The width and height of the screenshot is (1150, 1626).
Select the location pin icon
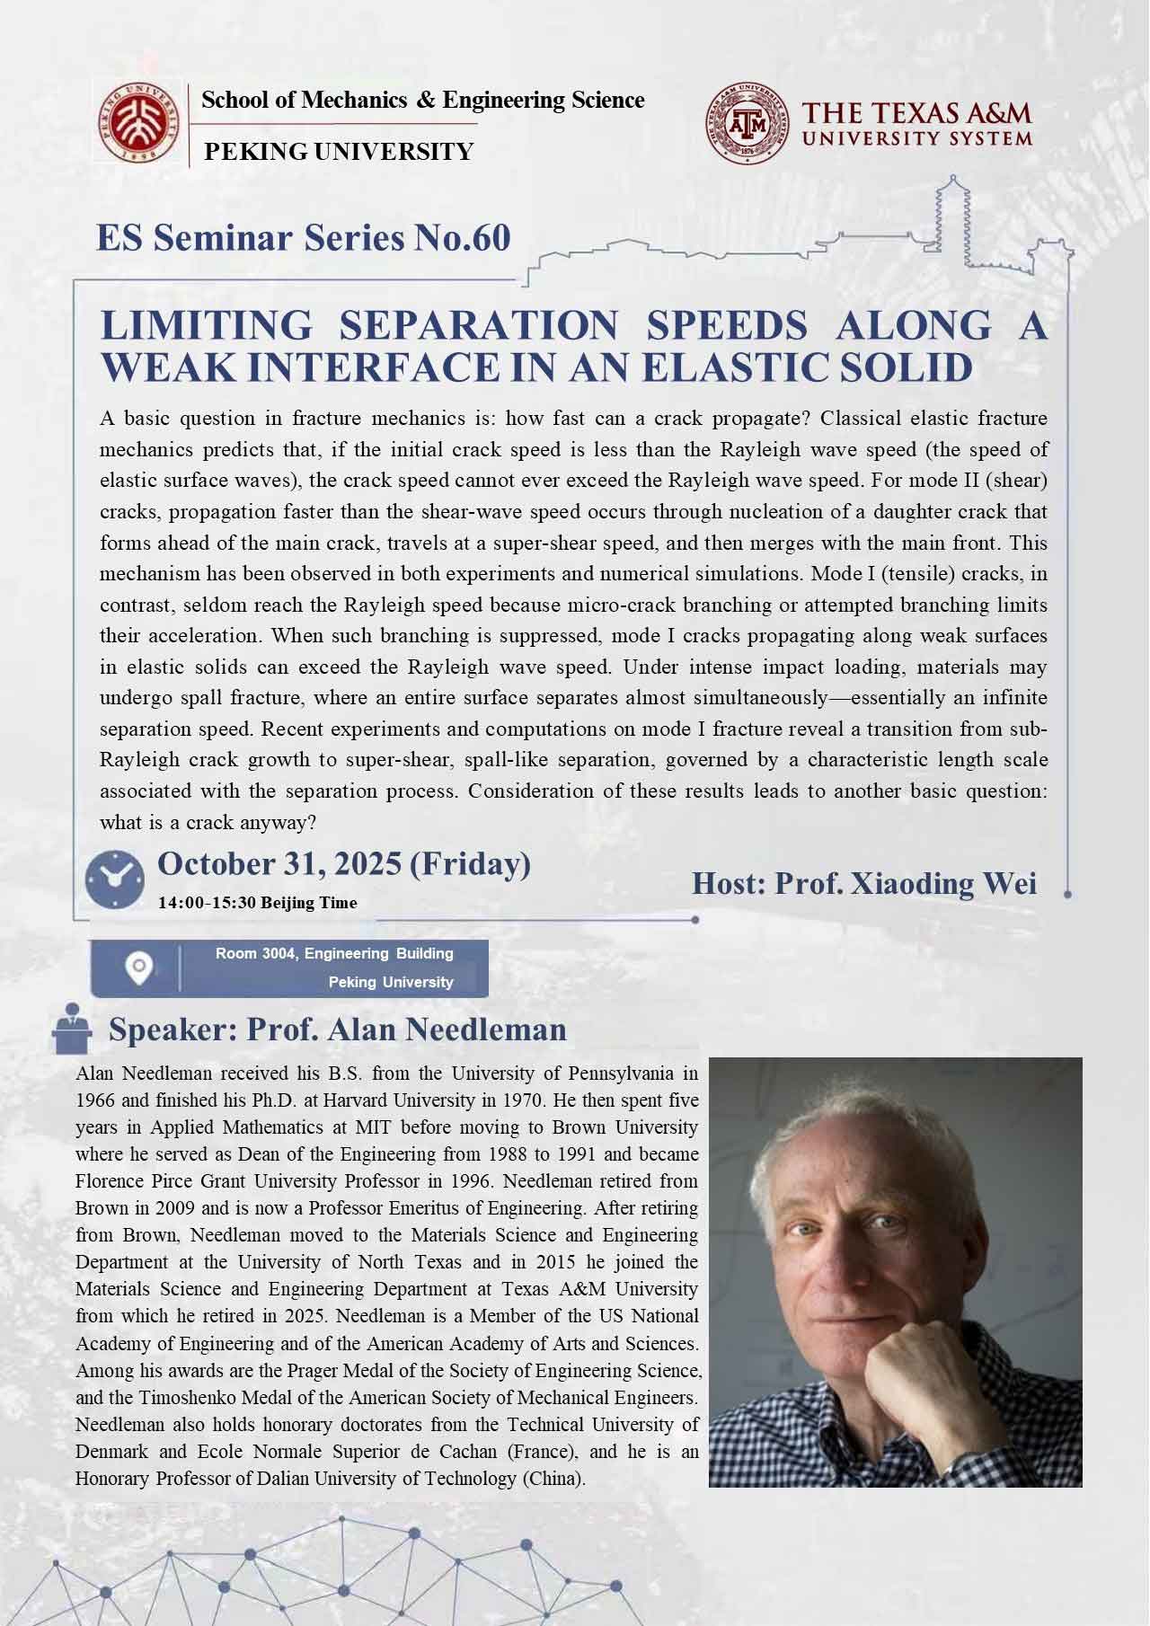[x=138, y=968]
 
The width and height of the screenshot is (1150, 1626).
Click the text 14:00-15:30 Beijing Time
[x=257, y=902]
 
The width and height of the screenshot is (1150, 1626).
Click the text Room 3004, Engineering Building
[x=334, y=953]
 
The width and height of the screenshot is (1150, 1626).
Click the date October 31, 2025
[x=279, y=864]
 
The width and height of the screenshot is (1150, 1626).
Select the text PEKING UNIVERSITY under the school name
[x=339, y=152]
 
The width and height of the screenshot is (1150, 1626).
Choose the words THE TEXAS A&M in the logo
[x=916, y=113]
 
